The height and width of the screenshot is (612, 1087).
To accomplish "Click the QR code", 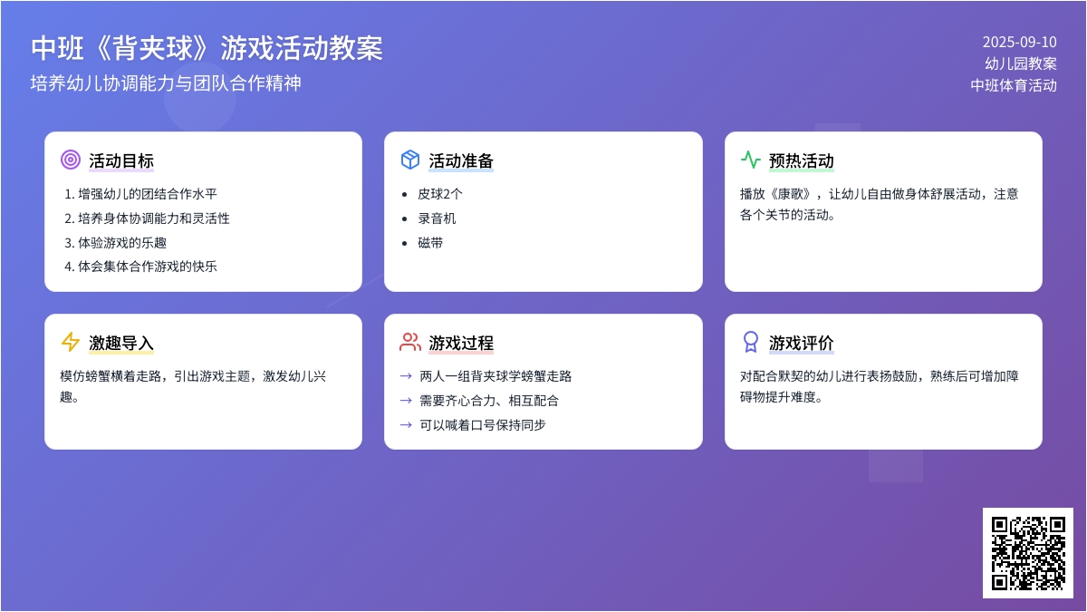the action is point(1028,553).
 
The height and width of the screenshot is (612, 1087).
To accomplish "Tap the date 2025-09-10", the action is point(1020,43).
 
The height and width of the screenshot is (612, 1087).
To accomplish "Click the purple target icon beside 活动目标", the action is point(71,160).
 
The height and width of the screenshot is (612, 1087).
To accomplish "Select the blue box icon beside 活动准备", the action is point(410,160).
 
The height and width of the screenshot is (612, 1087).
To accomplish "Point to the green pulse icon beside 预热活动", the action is point(751,160).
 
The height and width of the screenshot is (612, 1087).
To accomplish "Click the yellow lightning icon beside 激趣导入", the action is point(71,342).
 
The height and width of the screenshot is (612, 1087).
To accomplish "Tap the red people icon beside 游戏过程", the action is point(410,342).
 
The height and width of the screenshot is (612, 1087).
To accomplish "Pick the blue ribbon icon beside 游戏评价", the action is point(751,342).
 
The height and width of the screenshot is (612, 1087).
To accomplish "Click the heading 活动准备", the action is point(461,160).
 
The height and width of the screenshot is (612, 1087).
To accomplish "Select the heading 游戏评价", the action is point(801,343).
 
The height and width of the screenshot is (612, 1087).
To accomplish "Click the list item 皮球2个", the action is point(439,194).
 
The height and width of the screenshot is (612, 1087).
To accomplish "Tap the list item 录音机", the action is point(437,219).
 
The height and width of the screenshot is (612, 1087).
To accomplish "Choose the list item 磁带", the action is point(430,243).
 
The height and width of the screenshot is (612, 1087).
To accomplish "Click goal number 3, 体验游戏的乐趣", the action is point(116,243).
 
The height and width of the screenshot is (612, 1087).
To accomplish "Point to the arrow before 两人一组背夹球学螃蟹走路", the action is point(406,376).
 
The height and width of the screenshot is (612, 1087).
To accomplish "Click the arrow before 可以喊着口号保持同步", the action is point(406,425).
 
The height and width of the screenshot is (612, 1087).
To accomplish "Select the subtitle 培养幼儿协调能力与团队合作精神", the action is point(166,83).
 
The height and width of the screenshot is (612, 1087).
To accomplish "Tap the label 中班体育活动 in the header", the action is point(1014,85).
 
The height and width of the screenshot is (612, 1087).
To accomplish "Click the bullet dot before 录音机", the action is point(404,219).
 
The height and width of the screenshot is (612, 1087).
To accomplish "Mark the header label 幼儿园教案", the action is point(1021,63).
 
